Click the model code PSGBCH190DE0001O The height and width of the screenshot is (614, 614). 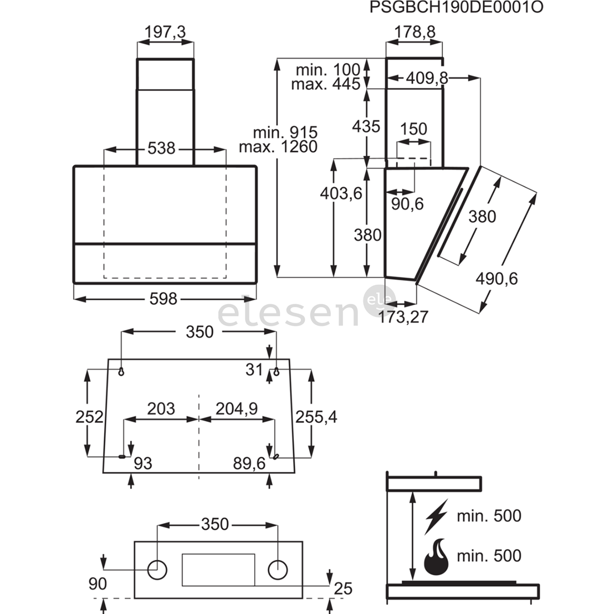coord(457,7)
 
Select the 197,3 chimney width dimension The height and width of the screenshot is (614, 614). coord(165,32)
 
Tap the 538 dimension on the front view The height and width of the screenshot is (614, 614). coord(161,148)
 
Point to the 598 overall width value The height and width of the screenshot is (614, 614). coord(163,299)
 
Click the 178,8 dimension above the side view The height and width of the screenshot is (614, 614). coord(414,32)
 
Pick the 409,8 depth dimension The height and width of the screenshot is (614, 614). coord(427,78)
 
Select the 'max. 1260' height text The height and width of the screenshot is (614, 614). coord(278,147)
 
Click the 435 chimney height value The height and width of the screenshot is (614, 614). coord(366,126)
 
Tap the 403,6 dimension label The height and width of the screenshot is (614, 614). coord(341,193)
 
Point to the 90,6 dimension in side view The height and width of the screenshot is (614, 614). coord(407,204)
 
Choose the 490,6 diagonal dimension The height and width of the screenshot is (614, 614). coord(496,279)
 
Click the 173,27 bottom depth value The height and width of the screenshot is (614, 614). coord(403,317)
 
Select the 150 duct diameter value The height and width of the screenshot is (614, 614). coord(413,129)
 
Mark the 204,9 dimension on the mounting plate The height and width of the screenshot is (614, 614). coord(237,409)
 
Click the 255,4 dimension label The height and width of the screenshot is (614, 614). coord(316,417)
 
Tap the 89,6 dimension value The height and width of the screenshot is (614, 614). coord(250,464)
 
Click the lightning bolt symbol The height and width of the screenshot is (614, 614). coord(436,516)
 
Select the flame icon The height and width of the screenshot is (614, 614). coord(437,557)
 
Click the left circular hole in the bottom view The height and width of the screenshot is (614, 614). coord(157,570)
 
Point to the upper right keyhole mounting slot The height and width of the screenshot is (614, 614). coord(276,371)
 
